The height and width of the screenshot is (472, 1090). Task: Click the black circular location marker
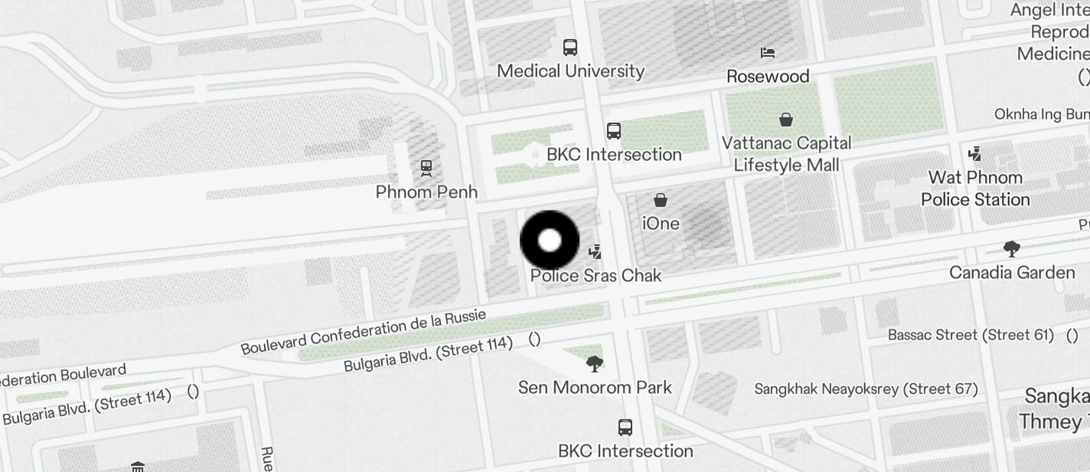(x=550, y=241)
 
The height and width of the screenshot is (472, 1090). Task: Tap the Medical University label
(x=570, y=71)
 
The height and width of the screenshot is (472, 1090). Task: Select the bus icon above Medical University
(x=570, y=48)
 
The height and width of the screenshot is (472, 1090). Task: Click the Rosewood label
(x=768, y=76)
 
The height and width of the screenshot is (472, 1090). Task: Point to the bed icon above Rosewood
(x=768, y=53)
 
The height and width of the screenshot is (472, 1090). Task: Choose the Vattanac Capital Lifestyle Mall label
(x=786, y=154)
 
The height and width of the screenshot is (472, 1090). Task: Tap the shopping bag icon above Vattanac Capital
(x=786, y=120)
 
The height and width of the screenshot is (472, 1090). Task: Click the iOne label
(x=661, y=223)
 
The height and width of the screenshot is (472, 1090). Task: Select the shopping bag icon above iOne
(x=661, y=201)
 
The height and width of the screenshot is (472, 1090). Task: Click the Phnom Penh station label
(x=426, y=192)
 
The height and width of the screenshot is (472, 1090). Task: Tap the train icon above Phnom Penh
(x=426, y=166)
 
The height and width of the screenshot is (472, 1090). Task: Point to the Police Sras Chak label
(x=596, y=275)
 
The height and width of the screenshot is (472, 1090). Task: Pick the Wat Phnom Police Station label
(x=975, y=188)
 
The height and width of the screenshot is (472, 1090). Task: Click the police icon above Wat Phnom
(x=974, y=154)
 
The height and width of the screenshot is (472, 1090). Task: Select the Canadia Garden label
(x=1012, y=273)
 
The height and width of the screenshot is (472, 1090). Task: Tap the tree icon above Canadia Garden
(x=1012, y=248)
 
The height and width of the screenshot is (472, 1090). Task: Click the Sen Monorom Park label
(x=595, y=387)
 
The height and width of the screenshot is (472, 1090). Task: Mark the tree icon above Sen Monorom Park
(x=594, y=363)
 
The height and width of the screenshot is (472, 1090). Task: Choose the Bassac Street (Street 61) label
(x=971, y=335)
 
